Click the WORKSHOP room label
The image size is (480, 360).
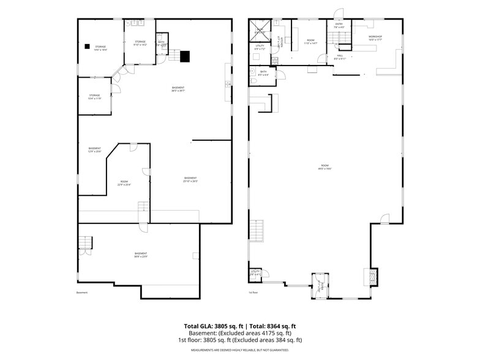pyautogui.click(x=375, y=38)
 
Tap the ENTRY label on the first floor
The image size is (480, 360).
pyautogui.click(x=339, y=25)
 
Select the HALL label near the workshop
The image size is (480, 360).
pyautogui.click(x=340, y=57)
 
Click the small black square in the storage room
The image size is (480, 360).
pyautogui.click(x=87, y=46)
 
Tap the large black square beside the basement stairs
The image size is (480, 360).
pyautogui.click(x=185, y=56)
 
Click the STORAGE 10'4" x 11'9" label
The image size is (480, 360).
pyautogui.click(x=94, y=97)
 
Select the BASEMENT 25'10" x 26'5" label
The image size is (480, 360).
pyautogui.click(x=191, y=179)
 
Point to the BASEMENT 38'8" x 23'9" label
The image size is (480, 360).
pyautogui.click(x=141, y=255)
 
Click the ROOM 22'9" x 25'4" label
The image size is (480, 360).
pyautogui.click(x=124, y=182)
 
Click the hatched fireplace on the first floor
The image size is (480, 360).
pyautogui.click(x=369, y=277)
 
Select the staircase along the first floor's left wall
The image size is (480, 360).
pyautogui.click(x=257, y=231)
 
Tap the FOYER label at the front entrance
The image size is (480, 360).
pyautogui.click(x=319, y=285)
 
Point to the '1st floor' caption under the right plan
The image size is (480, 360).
pyautogui.click(x=252, y=293)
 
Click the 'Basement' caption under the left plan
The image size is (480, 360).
pyautogui.click(x=82, y=293)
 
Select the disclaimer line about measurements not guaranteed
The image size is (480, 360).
pyautogui.click(x=240, y=350)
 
